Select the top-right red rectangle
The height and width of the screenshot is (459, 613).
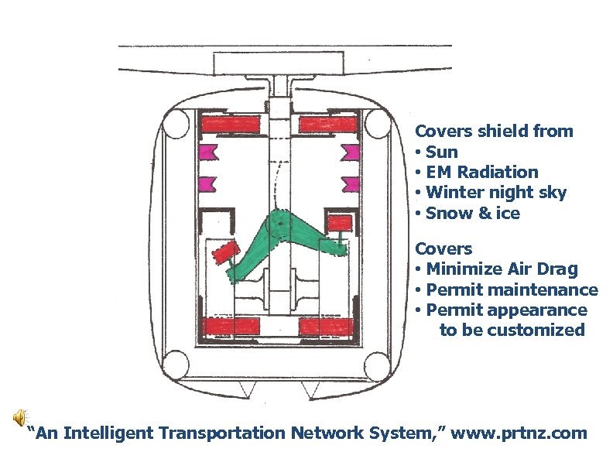328,124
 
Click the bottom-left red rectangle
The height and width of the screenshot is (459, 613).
230,326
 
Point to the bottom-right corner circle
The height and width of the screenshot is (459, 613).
377,361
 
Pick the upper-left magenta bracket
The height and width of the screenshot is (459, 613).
207,152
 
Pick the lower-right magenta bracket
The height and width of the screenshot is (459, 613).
351,184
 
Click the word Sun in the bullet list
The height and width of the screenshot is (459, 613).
441,152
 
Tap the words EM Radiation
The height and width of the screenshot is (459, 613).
481,172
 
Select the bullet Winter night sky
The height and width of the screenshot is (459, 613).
495,192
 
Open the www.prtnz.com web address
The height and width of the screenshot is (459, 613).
519,433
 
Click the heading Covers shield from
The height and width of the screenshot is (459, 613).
494,131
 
